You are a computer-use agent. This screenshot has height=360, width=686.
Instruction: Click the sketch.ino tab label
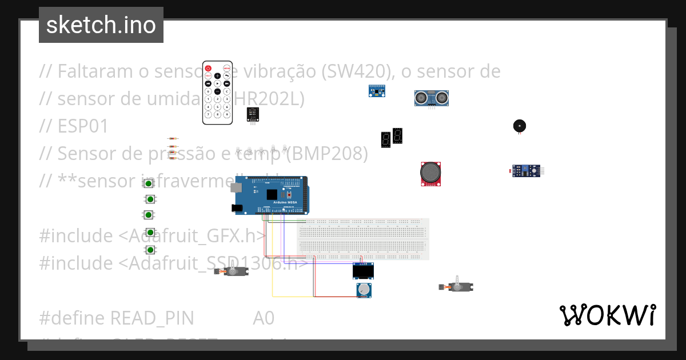point(101,25)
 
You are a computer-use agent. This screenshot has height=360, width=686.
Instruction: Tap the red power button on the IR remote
point(209,68)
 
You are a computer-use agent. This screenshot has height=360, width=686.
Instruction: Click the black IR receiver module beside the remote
point(252,114)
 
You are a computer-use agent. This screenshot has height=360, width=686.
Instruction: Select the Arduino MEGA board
point(272,195)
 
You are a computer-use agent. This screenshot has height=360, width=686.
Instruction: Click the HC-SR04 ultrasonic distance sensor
point(431,98)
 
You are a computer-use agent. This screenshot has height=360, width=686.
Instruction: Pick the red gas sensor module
point(432,173)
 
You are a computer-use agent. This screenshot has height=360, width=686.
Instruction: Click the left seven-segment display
point(385,139)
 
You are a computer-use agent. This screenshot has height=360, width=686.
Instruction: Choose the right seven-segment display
point(398,135)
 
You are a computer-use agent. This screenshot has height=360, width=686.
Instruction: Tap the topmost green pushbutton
point(149,183)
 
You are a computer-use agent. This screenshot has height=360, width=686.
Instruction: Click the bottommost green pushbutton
point(150,250)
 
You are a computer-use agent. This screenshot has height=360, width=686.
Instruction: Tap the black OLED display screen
point(363,271)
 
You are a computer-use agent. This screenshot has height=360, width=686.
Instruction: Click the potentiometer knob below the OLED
point(364,290)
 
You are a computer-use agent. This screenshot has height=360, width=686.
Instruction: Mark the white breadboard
point(362,239)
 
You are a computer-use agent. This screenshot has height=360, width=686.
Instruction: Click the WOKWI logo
point(607,315)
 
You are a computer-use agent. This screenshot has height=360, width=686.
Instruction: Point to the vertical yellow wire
point(272,257)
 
